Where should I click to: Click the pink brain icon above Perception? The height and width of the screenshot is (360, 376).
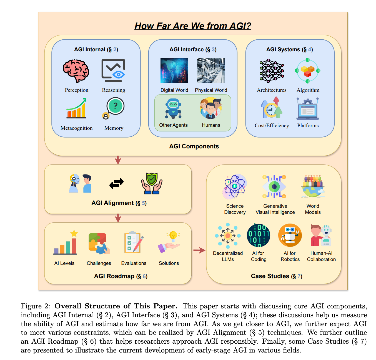click(76, 71)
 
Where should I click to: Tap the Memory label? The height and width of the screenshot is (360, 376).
click(114, 128)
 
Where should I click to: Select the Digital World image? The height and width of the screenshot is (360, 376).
click(174, 71)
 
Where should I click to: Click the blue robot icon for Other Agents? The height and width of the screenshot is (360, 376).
click(173, 108)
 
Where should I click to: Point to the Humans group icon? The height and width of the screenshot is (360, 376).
click(211, 108)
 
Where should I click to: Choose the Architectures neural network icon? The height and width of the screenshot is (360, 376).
click(272, 71)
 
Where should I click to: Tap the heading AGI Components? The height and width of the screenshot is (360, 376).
click(194, 146)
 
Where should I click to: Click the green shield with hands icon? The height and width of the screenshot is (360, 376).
click(152, 183)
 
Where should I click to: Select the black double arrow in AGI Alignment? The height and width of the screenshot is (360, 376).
click(116, 183)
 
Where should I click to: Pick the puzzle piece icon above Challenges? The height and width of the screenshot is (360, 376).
click(99, 243)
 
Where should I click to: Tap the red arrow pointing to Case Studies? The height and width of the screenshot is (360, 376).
click(199, 250)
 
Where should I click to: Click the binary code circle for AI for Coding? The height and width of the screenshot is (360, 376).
click(259, 235)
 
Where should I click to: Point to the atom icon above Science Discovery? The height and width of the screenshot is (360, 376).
click(235, 186)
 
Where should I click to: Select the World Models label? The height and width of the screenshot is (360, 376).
click(313, 209)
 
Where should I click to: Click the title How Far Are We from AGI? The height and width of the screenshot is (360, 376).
click(193, 26)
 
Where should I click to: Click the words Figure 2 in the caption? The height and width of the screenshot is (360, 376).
click(36, 306)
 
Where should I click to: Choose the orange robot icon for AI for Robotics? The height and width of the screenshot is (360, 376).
click(290, 235)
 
